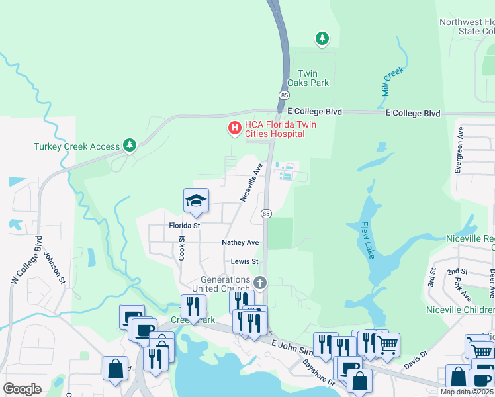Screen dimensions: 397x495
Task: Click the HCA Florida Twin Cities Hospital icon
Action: coord(234,128)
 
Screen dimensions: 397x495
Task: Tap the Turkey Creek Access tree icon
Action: coord(130,146)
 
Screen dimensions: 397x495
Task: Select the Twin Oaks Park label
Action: coord(308,78)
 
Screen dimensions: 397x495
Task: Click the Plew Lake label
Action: coord(368,239)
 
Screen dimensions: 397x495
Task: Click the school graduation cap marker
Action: coord(196,201)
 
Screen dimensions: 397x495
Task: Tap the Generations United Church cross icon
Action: coord(260,283)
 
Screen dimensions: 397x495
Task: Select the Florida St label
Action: coord(184,226)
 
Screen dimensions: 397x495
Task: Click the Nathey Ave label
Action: coord(240,243)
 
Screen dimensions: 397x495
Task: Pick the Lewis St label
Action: coord(244,261)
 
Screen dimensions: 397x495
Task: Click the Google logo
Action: coord(22,389)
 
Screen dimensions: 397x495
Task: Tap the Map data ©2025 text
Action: coord(467,392)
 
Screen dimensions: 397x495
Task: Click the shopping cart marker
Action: coord(387,344)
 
